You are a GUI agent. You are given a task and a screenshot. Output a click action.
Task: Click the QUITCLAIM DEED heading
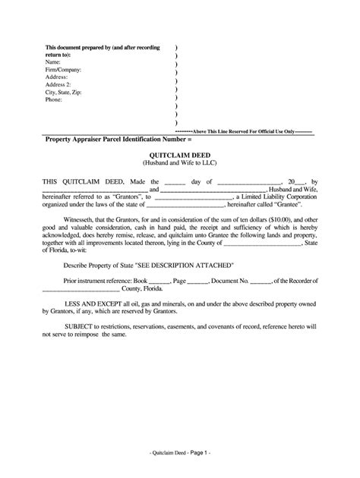click(180, 153)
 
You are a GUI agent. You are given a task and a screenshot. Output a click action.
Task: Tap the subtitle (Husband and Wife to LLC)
click(180, 162)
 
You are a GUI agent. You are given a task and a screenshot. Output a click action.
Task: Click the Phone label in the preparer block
click(55, 99)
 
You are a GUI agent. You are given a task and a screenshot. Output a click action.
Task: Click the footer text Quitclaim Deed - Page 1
click(180, 451)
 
